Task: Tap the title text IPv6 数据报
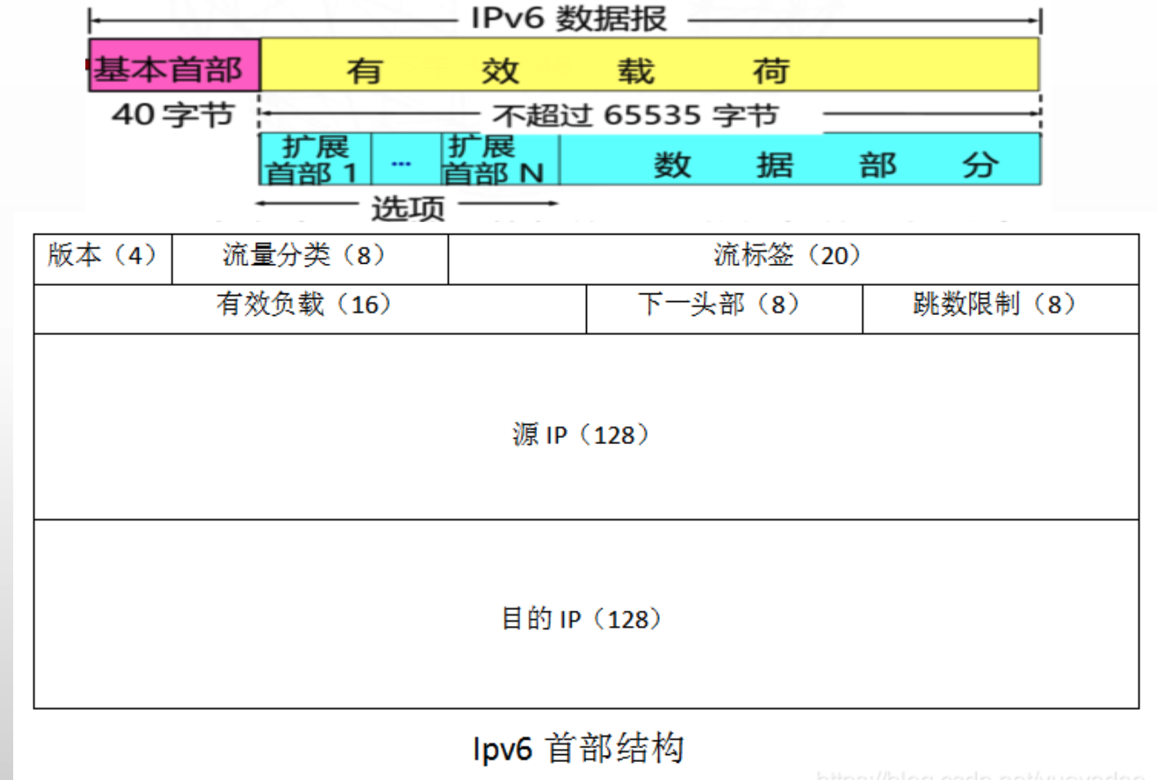point(569,18)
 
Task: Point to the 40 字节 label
point(173,115)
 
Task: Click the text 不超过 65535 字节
point(635,115)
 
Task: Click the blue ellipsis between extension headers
point(402,164)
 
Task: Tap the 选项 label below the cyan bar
point(407,207)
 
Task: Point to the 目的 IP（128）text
point(581,619)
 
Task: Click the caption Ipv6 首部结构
point(578,749)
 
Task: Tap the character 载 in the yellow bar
point(635,71)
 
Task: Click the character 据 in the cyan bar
point(774,165)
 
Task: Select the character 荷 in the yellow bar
point(771,71)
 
